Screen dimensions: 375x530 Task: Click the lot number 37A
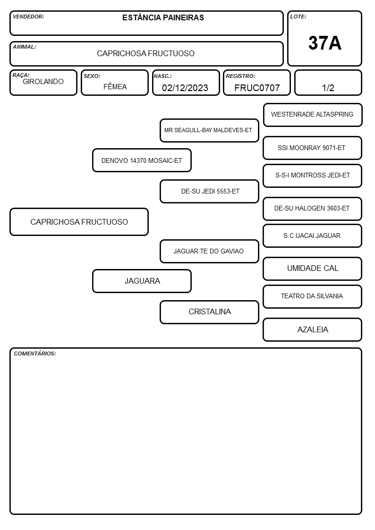click(x=324, y=43)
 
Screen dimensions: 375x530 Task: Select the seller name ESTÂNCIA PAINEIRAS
click(x=163, y=17)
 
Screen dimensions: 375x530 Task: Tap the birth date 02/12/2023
click(x=185, y=88)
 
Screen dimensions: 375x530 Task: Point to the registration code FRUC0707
click(x=257, y=88)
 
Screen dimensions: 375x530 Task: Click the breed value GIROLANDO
click(x=43, y=82)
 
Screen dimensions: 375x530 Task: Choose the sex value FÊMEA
click(x=115, y=86)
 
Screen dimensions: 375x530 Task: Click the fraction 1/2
click(x=328, y=88)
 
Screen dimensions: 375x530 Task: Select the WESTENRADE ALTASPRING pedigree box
click(x=313, y=115)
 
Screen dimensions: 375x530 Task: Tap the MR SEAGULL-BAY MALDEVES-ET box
click(x=209, y=130)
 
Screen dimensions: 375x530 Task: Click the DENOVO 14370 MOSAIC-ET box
click(x=142, y=160)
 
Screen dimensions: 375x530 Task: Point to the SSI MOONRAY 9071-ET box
click(x=313, y=148)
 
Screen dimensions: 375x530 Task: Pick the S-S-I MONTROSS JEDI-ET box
click(x=313, y=176)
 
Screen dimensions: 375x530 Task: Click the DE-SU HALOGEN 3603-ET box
click(x=313, y=209)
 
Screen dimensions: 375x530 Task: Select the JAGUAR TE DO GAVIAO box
click(x=209, y=251)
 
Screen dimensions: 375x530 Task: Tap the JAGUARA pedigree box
click(x=142, y=281)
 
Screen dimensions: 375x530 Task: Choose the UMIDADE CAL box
click(x=313, y=269)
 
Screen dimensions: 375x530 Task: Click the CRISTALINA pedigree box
click(x=209, y=312)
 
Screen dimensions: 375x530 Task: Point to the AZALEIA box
click(x=313, y=329)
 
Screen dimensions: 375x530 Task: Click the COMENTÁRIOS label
click(x=35, y=353)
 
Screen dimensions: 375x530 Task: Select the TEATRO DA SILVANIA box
click(x=313, y=296)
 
